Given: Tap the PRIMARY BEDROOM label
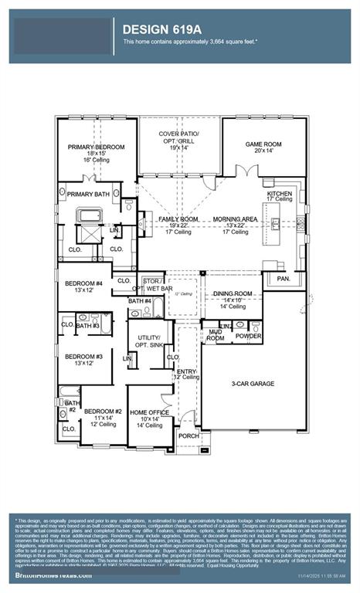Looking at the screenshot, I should tap(97, 147).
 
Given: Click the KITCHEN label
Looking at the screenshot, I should tap(280, 193).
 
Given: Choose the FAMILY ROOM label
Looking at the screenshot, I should tap(178, 219).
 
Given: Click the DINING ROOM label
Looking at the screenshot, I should tap(233, 293).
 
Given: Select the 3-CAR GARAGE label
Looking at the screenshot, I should tap(253, 383).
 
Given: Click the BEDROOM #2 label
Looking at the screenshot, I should tap(103, 412).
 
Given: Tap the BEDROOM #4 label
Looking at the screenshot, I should tap(83, 283).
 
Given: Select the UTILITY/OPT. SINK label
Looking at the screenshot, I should tap(148, 341).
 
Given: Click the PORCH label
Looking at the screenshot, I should tap(188, 435).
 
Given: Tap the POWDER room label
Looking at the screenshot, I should tap(248, 337).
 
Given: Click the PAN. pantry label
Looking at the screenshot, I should tap(283, 278).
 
